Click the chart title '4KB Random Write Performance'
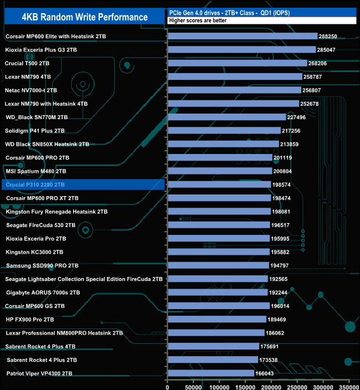pyautogui.click(x=85, y=17)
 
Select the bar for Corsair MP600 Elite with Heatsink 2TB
pyautogui.click(x=242, y=36)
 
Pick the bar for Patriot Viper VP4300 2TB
pyautogui.click(x=210, y=373)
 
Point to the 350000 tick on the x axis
pyautogui.click(x=349, y=384)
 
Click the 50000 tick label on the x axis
pyautogui.click(x=193, y=384)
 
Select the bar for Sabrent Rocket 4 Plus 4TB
pyautogui.click(x=213, y=346)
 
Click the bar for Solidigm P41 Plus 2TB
pyautogui.click(x=223, y=131)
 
